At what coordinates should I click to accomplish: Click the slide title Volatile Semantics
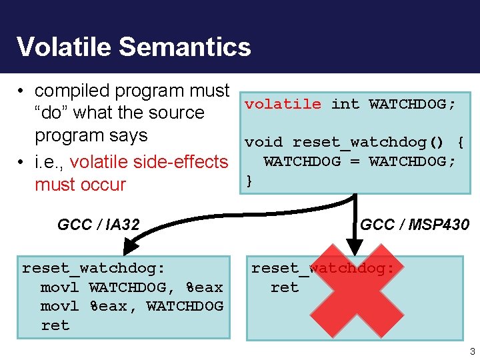pos(133,47)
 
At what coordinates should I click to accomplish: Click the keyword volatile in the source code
pos(283,104)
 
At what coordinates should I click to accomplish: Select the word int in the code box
pos(345,104)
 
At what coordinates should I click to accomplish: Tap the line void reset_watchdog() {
pos(353,142)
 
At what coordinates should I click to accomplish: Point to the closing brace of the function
pos(249,180)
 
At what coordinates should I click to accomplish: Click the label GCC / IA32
pos(99,225)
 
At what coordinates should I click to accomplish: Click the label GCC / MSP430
pos(415,225)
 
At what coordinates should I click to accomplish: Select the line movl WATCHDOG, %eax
pos(131,287)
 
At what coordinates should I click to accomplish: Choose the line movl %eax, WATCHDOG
pos(131,307)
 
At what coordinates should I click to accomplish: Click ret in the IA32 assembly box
pos(55,325)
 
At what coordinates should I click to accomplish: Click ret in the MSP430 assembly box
pos(284,287)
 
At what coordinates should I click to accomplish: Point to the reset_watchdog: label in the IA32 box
pos(93,269)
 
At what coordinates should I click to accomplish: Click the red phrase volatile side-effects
pos(149,161)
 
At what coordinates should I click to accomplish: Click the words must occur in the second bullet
pos(80,184)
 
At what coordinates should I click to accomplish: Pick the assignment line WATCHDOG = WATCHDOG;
pos(360,161)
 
